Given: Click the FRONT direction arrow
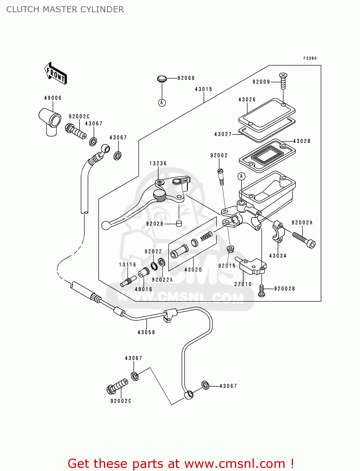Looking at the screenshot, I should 56,73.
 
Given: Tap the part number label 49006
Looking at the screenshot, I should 53,98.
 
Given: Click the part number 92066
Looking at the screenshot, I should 186,78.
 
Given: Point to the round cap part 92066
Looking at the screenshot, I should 162,78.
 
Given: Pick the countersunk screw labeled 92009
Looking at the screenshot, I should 283,81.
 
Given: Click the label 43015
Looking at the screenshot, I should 204,89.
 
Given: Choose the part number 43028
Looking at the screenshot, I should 302,141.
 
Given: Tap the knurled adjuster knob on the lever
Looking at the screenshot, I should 160,196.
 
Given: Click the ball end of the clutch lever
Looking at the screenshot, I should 106,225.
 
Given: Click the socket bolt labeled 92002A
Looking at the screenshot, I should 304,240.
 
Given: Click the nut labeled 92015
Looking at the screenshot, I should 230,249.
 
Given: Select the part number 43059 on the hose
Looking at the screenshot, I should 146,332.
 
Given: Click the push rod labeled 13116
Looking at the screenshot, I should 128,281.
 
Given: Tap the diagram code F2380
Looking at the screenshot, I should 310,58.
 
